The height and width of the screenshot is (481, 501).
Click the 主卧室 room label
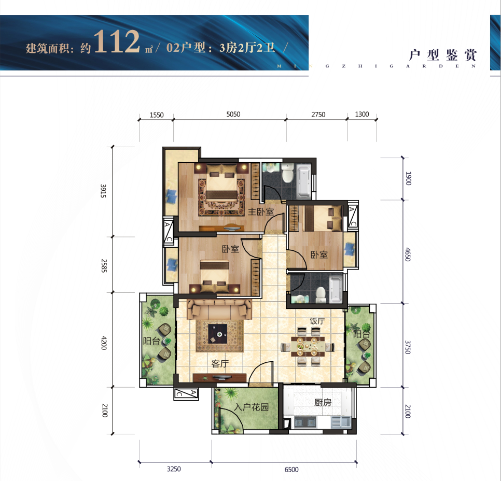[x=261, y=211]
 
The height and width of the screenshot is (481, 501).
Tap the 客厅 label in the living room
[x=220, y=363]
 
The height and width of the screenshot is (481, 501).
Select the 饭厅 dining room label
[x=317, y=321]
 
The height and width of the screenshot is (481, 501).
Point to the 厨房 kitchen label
[x=323, y=402]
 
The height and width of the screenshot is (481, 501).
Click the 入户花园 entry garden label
[x=252, y=407]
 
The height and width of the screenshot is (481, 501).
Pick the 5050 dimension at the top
[x=233, y=115]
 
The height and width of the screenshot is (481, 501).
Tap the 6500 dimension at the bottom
[x=291, y=469]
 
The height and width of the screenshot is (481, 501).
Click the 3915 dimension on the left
[x=103, y=191]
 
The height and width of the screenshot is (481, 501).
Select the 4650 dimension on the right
[x=408, y=254]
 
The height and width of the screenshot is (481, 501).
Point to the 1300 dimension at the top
[x=362, y=115]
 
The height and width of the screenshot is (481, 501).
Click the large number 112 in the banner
[x=117, y=41]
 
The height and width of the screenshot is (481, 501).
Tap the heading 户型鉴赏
[x=443, y=55]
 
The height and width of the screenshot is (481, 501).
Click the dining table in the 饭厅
[x=308, y=346]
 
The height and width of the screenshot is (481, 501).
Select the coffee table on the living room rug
[x=218, y=334]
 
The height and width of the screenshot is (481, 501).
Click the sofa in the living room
[x=219, y=309]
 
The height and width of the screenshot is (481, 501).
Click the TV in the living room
[x=220, y=378]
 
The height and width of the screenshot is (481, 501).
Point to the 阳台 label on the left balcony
[x=151, y=341]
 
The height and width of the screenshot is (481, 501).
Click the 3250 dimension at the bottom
[x=174, y=469]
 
